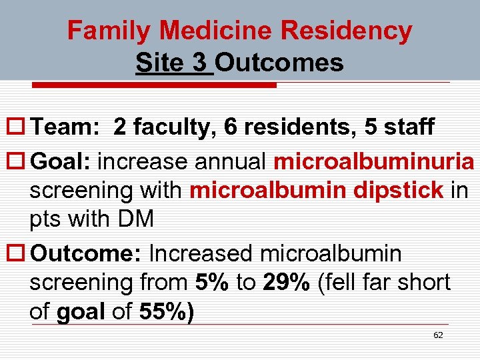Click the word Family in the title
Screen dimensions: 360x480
pos(110,31)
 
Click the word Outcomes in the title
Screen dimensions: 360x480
pos(280,63)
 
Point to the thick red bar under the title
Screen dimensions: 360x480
pos(155,85)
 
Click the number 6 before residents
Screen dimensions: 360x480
pos(231,127)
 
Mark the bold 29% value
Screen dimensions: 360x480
pos(287,283)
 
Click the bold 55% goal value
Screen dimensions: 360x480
pos(165,311)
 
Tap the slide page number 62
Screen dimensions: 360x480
pos(438,335)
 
